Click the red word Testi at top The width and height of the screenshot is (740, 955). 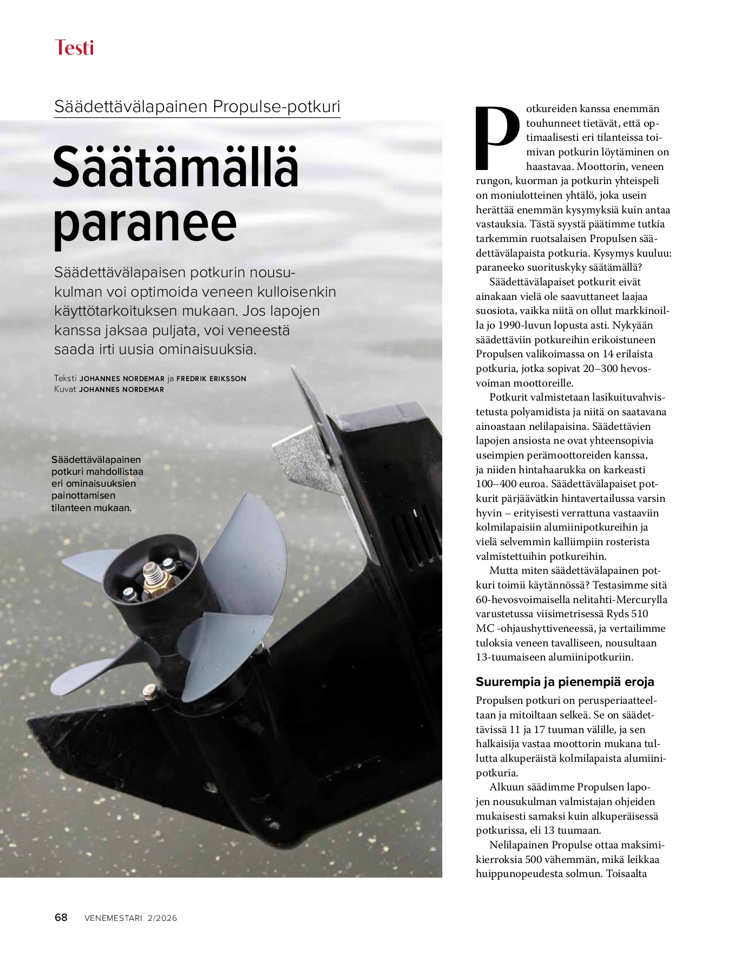point(74,48)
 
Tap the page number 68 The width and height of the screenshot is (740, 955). point(61,917)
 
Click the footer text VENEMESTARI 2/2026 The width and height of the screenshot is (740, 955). point(130,918)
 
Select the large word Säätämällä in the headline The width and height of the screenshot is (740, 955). point(176,167)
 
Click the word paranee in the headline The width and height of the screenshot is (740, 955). point(145,224)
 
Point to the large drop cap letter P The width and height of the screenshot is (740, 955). point(496,138)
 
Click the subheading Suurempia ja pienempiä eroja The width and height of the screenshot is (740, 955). point(565,682)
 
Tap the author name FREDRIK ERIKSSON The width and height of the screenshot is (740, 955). point(211,378)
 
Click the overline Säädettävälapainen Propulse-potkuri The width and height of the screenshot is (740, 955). point(197,106)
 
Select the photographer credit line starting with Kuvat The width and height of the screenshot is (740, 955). point(109,389)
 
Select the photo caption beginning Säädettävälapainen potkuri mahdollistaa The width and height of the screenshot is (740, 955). point(97,483)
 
